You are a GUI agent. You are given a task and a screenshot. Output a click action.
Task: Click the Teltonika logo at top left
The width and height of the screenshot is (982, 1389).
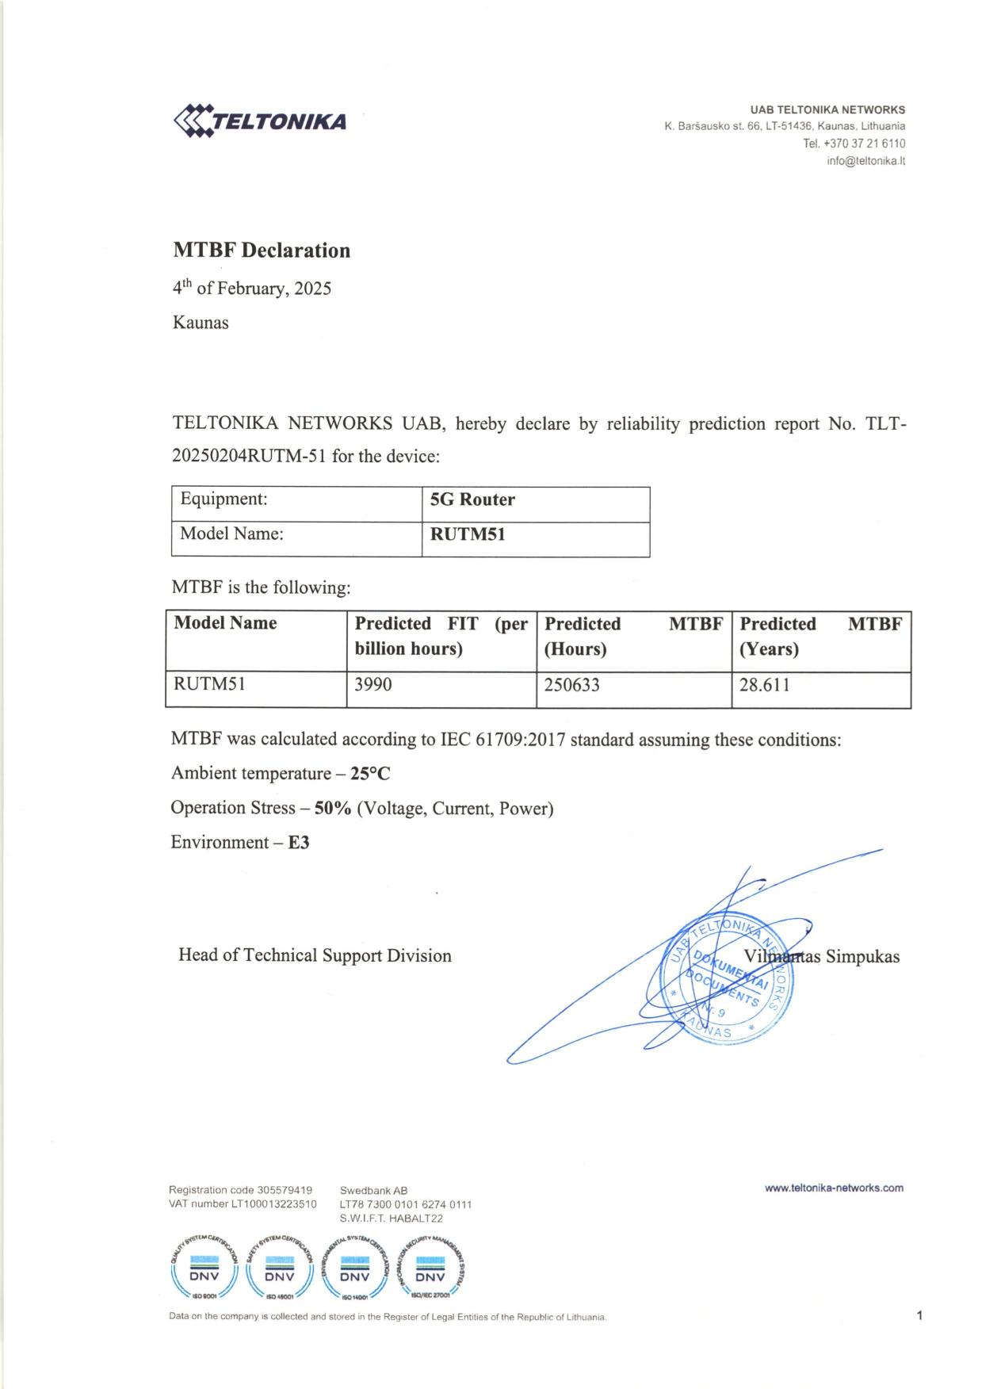pos(259,121)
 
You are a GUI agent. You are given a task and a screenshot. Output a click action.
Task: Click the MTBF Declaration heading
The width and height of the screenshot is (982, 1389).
pos(262,251)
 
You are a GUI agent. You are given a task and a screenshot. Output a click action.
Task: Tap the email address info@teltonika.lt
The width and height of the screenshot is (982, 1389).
pos(865,161)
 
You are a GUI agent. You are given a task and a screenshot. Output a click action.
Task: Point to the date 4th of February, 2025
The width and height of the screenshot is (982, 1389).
pos(252,288)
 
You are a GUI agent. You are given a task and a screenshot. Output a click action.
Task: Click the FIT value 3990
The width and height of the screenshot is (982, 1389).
pos(373,685)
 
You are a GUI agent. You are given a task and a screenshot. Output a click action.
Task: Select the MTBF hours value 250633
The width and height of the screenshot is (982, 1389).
pos(571,685)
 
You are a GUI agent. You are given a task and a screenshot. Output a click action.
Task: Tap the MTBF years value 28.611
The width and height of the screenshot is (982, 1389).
pos(764,685)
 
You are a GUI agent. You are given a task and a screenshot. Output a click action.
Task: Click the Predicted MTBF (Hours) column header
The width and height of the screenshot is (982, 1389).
pos(633,636)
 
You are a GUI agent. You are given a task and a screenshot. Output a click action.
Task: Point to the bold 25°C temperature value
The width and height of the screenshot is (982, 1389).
pos(370,774)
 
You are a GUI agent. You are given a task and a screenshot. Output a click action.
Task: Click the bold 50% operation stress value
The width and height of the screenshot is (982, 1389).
pos(333,809)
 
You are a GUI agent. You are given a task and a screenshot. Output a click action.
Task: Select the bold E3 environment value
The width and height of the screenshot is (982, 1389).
pos(299,843)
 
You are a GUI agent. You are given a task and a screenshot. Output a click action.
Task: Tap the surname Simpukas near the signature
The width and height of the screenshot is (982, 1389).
pos(862,956)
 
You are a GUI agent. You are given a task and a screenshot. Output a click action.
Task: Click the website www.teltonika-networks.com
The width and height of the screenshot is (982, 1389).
pos(834,1188)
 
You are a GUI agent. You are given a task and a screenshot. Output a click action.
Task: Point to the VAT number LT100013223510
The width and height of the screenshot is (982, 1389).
pos(273,1204)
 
